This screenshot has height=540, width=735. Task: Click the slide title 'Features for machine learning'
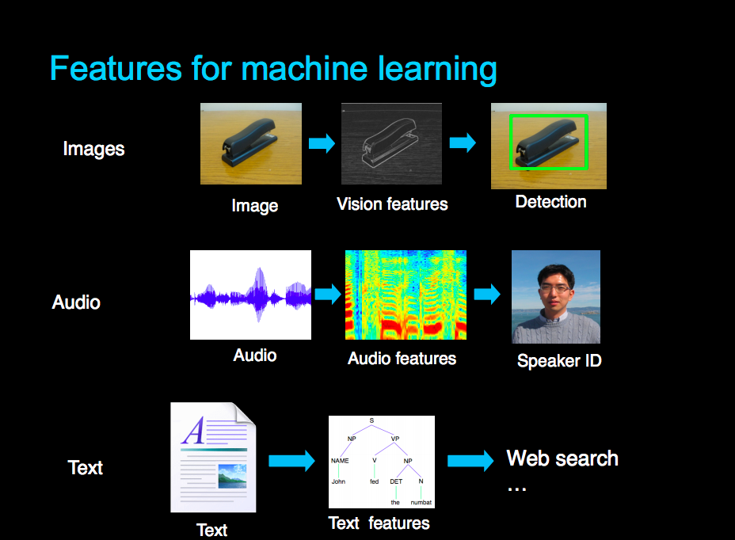click(273, 69)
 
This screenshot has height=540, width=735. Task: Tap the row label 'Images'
click(93, 148)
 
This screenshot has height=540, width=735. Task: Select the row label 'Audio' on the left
click(76, 302)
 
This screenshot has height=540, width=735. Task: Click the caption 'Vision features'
click(392, 204)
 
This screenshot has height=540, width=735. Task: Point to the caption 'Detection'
click(550, 201)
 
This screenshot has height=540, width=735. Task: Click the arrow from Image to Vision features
click(322, 143)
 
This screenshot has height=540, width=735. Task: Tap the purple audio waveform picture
click(250, 295)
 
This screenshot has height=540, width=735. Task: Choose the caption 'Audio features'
click(402, 358)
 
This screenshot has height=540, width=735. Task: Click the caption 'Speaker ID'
click(559, 361)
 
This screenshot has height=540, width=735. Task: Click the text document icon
click(213, 458)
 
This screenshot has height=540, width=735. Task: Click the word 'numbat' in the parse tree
click(421, 502)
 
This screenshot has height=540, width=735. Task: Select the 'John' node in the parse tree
click(339, 481)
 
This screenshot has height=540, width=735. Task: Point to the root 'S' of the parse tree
click(371, 420)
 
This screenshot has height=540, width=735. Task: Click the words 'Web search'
click(562, 458)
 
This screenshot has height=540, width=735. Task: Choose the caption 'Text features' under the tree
click(379, 523)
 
